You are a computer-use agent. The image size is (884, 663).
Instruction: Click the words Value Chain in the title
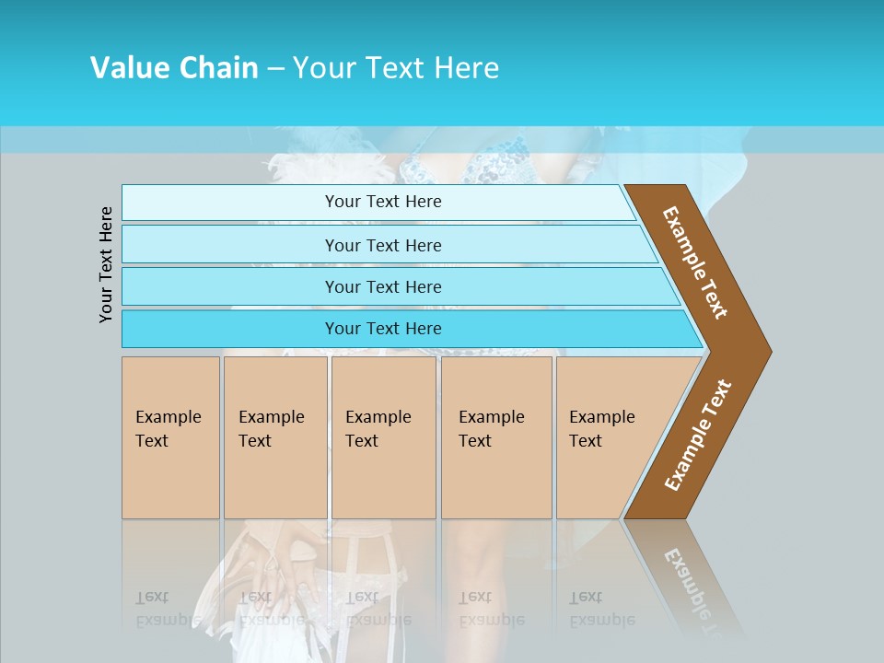(174, 68)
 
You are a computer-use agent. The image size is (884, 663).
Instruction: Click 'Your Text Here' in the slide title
(396, 68)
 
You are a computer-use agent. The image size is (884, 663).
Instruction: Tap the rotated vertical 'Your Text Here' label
(106, 264)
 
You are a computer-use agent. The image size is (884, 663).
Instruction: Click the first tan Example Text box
(170, 437)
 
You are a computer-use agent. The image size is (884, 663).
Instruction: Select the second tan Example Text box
(274, 437)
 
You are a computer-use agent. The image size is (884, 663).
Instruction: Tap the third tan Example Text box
(383, 437)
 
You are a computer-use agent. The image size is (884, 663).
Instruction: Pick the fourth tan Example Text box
(495, 437)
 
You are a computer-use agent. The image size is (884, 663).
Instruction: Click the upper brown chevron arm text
(696, 262)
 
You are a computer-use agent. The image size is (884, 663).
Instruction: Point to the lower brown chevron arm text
(698, 436)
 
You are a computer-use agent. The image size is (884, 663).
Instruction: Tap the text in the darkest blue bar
(383, 329)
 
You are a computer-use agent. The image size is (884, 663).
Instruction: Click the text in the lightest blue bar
(383, 202)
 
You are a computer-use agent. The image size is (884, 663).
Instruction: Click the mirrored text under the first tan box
(168, 609)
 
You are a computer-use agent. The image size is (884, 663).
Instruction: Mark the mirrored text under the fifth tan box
(601, 609)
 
